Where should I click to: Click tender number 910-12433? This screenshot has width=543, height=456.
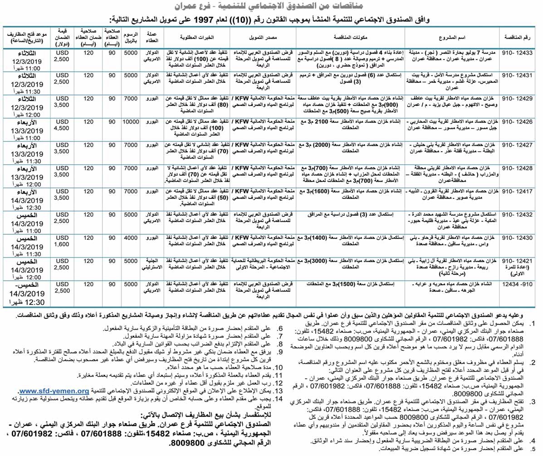coord(520,53)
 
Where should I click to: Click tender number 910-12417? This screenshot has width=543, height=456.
coord(520,192)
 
